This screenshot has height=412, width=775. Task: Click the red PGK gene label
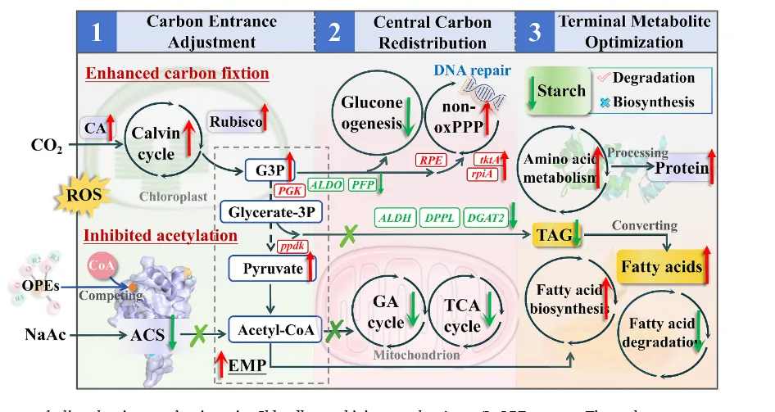point(289,190)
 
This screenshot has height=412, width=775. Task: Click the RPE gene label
point(429,161)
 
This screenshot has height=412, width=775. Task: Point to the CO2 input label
point(46,147)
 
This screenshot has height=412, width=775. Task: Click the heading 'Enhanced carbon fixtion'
point(178,74)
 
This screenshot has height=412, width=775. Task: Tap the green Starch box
point(560,90)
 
